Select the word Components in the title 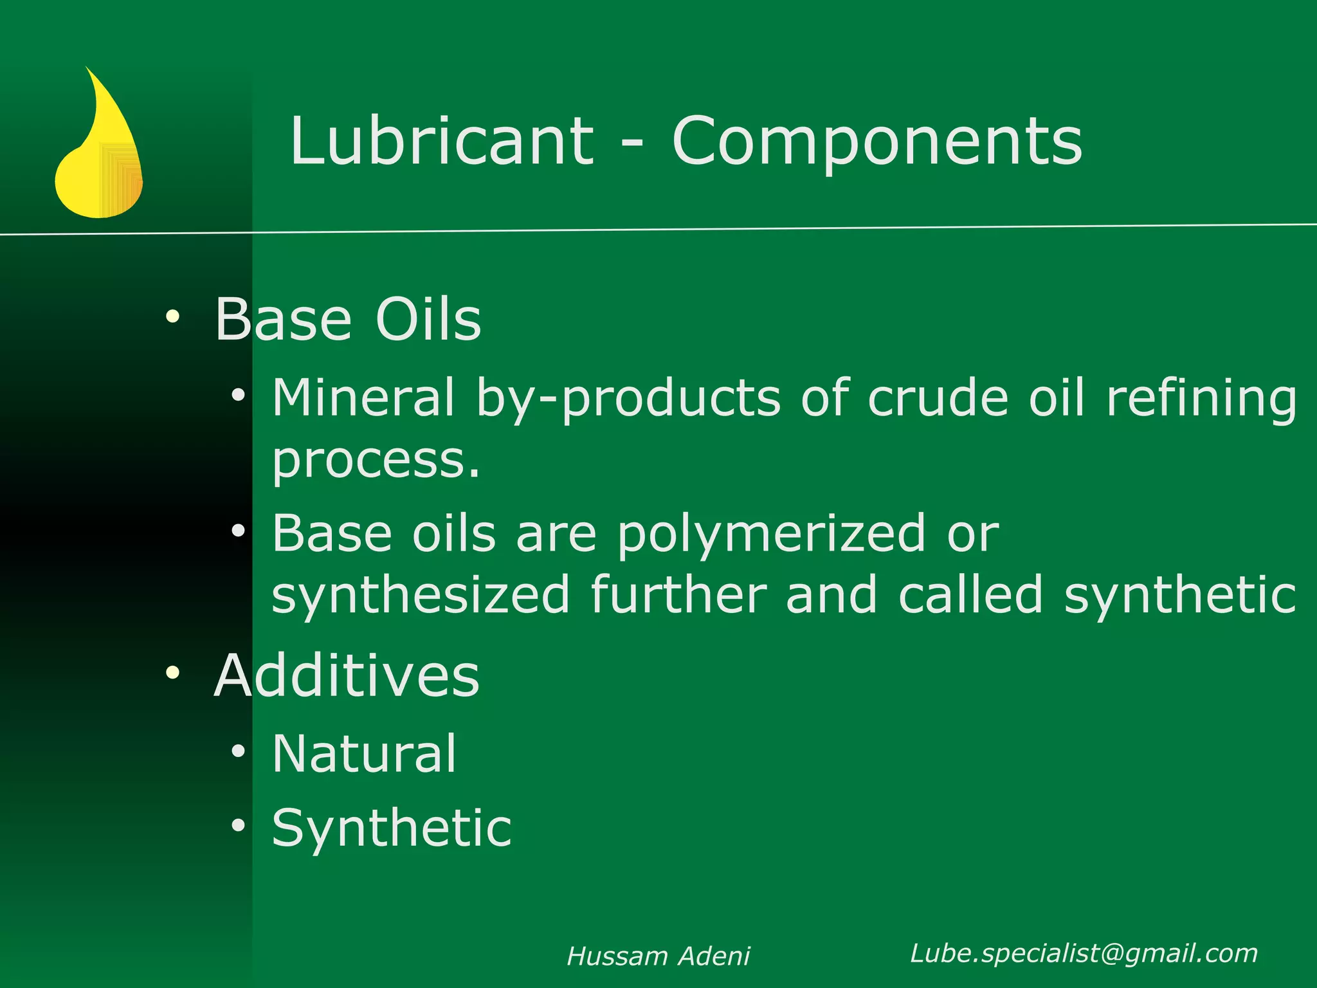tap(877, 142)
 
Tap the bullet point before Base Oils tap(172, 316)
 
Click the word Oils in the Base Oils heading tap(428, 320)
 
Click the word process tap(376, 461)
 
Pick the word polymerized tap(771, 535)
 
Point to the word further tap(678, 595)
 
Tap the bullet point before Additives tap(172, 673)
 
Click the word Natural tap(364, 753)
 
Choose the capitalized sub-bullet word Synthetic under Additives tap(392, 828)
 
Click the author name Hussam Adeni tap(658, 956)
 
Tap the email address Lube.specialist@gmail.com tap(1084, 953)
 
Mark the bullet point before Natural tap(239, 751)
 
